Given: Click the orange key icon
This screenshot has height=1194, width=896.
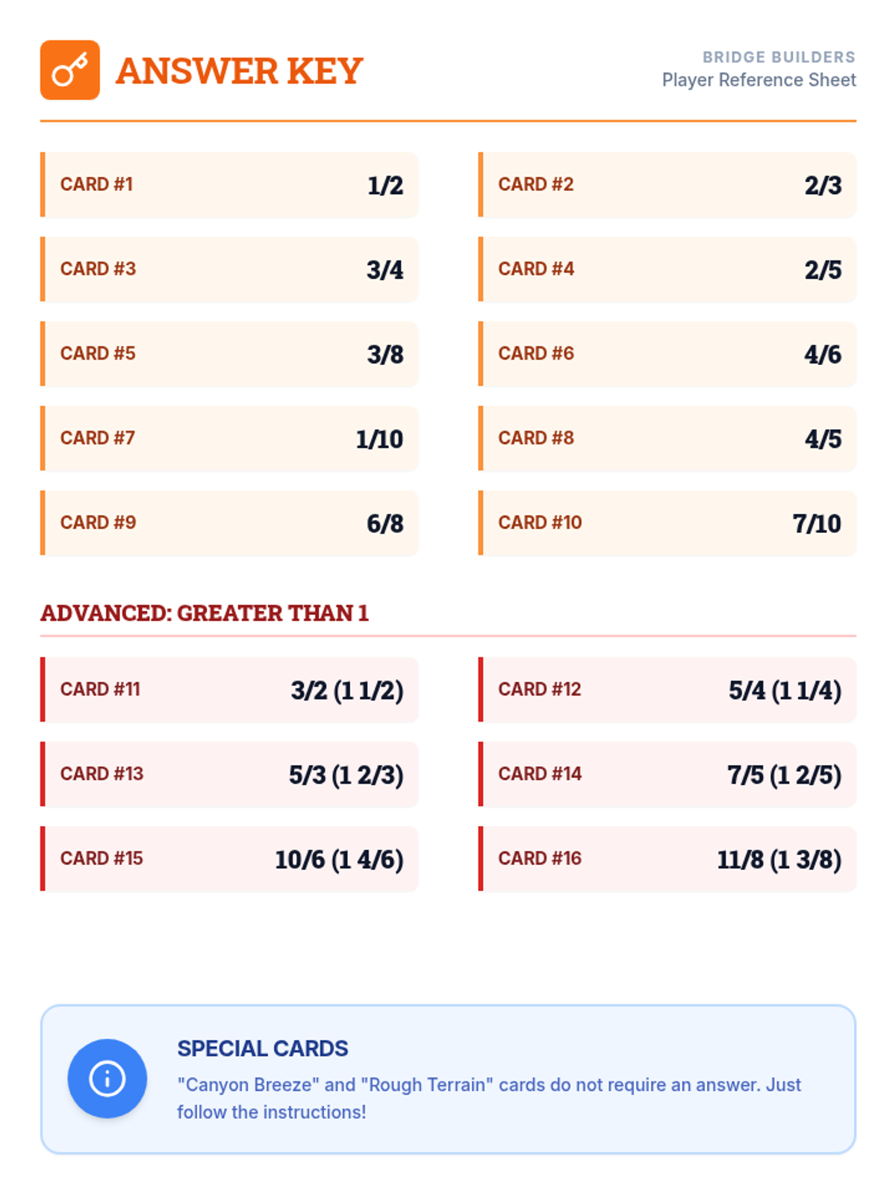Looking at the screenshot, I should [69, 70].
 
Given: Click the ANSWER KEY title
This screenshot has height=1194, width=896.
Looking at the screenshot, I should [239, 71].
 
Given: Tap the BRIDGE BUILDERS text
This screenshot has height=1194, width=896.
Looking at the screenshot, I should [778, 57].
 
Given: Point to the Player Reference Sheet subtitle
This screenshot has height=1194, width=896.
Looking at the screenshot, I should [759, 80].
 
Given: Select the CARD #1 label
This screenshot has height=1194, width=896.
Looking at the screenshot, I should [96, 184].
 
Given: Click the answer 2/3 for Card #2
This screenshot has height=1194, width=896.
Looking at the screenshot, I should [823, 185].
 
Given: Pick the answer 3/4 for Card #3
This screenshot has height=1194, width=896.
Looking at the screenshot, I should [385, 269].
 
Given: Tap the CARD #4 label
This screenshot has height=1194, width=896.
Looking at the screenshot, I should [536, 269].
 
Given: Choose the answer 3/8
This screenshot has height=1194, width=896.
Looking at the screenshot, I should [385, 354].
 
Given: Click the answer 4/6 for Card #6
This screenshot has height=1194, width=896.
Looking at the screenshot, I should [823, 354].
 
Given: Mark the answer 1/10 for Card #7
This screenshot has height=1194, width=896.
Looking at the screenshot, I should [379, 439].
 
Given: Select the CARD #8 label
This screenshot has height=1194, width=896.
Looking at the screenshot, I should [536, 438].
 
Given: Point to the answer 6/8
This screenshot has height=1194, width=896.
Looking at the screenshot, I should [385, 523].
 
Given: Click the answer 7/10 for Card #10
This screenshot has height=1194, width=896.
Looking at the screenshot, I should [817, 523].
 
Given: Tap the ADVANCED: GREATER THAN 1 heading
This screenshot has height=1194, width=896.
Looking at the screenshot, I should [205, 613].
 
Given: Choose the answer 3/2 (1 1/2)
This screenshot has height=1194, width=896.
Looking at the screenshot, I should [347, 690].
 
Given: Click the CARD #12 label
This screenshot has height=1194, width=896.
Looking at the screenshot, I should [539, 690].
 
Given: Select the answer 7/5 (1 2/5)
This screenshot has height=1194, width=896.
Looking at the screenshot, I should [784, 775].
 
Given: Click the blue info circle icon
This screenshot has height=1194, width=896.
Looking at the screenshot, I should [107, 1078].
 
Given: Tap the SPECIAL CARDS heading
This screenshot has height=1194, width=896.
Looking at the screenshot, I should [262, 1048].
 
